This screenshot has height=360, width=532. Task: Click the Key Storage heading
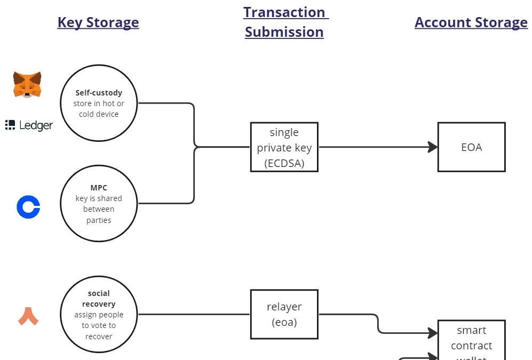coord(98,22)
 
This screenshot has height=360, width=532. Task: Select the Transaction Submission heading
coord(284,22)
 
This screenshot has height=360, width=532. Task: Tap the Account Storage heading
coord(471,22)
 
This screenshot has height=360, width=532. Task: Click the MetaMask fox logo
coord(27,85)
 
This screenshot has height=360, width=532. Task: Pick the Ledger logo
coord(29,125)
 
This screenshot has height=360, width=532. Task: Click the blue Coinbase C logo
coord(28,207)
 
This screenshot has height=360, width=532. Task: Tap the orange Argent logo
coord(28,316)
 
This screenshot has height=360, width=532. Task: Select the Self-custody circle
coord(99,103)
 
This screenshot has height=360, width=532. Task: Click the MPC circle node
coord(99,204)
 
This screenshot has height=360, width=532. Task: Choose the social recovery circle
coord(99,315)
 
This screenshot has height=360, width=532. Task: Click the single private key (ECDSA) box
coord(284,147)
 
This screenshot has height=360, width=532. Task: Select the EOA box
coord(471,147)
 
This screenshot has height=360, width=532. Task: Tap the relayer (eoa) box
coord(284,314)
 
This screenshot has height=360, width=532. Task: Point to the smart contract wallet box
coord(471,340)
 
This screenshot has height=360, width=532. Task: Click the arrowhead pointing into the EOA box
coord(433,147)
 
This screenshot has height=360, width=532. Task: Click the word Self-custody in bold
coord(99,93)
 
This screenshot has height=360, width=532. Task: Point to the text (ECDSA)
coord(284,163)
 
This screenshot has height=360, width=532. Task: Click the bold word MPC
coord(99,188)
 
